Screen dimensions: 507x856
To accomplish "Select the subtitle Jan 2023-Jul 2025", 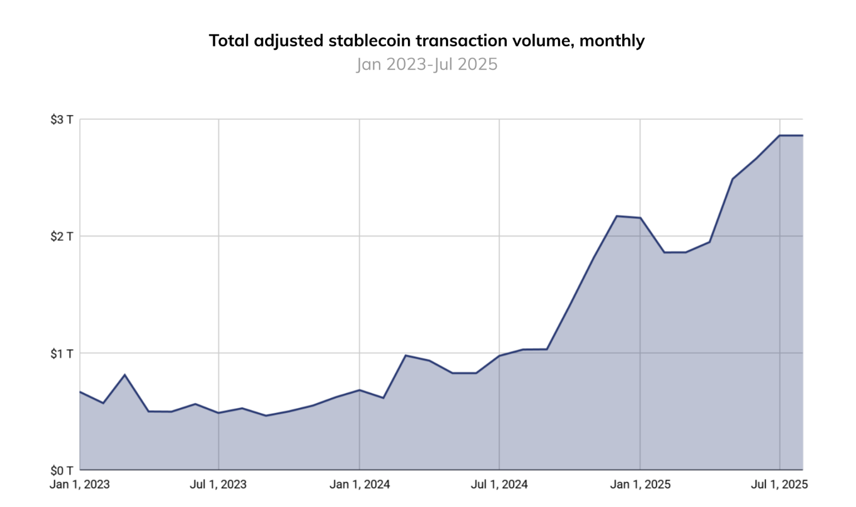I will point(427,64).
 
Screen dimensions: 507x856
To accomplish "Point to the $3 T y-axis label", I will point(61,119).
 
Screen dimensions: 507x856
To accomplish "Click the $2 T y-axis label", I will point(61,236).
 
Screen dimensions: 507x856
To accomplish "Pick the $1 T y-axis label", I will point(61,353).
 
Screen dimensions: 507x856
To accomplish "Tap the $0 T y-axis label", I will point(61,470).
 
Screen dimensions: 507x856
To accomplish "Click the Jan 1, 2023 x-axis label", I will point(80,485).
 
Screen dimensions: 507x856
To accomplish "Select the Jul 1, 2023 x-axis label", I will point(218,485).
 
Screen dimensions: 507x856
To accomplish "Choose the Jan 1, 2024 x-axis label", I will point(359,485).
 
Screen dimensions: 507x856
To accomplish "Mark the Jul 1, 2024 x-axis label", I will point(499,485).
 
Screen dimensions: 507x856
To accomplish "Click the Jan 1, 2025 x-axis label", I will point(640,485).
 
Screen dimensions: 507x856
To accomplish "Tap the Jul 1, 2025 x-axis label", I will point(779,485).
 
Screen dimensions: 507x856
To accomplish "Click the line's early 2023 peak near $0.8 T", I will point(124,375).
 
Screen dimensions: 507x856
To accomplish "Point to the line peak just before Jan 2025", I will point(617,216).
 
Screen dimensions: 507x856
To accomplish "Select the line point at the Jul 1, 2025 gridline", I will point(780,136).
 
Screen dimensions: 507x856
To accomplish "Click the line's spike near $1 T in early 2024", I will point(406,356).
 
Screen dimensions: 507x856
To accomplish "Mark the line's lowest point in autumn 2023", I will point(266,415).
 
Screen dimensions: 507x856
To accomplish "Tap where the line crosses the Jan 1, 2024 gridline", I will point(359,390).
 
